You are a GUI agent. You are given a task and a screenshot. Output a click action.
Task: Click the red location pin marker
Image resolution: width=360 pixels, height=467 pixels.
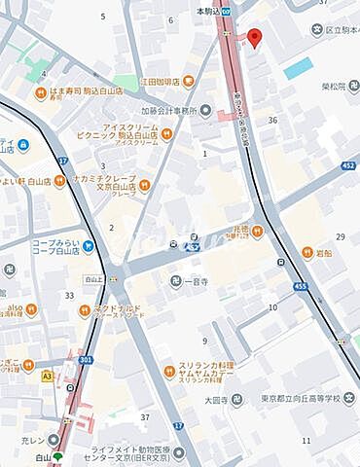tap(255, 38)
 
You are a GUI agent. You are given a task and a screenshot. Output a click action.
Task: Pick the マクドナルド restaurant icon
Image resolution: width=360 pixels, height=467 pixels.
tap(84, 311)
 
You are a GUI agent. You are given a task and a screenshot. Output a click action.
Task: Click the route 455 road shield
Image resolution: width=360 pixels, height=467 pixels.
tap(302, 285)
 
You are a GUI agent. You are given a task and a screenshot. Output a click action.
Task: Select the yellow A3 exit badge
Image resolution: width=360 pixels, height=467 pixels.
tap(48, 376)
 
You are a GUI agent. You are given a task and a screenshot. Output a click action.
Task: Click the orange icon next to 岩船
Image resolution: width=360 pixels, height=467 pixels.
tap(307, 253)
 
